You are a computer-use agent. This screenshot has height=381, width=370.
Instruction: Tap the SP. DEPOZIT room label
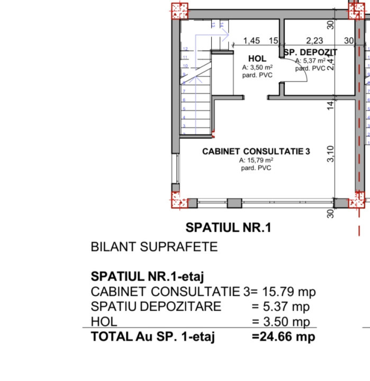coord(310,52)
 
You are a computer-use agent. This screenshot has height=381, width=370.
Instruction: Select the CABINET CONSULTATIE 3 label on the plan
coord(256,151)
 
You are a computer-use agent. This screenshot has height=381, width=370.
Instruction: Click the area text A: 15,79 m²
coord(256,160)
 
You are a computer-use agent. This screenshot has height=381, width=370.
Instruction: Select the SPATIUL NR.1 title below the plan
coord(229,228)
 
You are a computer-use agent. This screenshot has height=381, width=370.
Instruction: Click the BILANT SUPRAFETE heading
coord(154,247)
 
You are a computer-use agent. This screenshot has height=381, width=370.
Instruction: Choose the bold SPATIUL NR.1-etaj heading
coord(148,276)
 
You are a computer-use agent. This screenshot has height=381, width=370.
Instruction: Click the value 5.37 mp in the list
coord(281,306)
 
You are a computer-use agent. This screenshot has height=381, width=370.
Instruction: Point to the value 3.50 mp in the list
coord(281,322)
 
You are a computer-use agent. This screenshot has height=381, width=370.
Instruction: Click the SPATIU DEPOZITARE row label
coord(156,306)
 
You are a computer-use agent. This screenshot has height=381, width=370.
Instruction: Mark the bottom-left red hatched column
coord(179,202)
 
